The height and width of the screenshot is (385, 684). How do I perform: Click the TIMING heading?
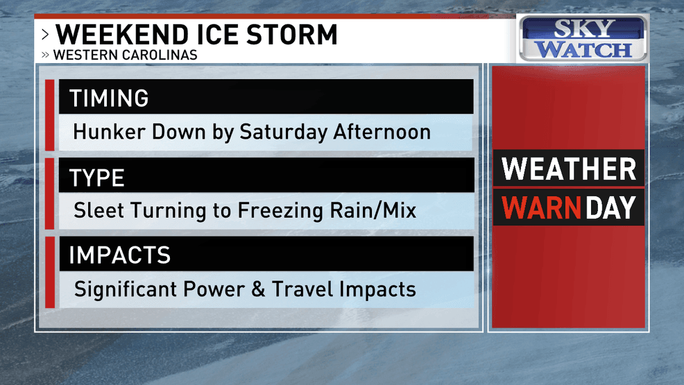coord(108,98)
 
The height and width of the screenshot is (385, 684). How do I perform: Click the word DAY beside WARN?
coord(611,207)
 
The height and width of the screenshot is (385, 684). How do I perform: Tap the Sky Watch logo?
coord(583,39)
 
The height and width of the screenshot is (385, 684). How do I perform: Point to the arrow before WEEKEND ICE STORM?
coord(45,35)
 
